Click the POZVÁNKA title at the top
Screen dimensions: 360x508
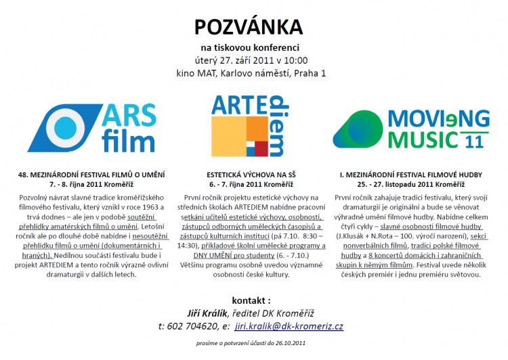(249, 26)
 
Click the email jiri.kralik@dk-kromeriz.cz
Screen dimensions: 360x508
(289, 326)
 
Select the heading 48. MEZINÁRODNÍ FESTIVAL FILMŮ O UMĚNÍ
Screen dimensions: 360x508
(93, 175)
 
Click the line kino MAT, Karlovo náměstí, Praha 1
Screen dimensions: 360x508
(249, 73)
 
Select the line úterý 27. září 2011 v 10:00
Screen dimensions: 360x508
(249, 60)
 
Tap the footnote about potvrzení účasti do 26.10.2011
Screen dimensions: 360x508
(251, 344)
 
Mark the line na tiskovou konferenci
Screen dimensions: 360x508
(249, 47)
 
